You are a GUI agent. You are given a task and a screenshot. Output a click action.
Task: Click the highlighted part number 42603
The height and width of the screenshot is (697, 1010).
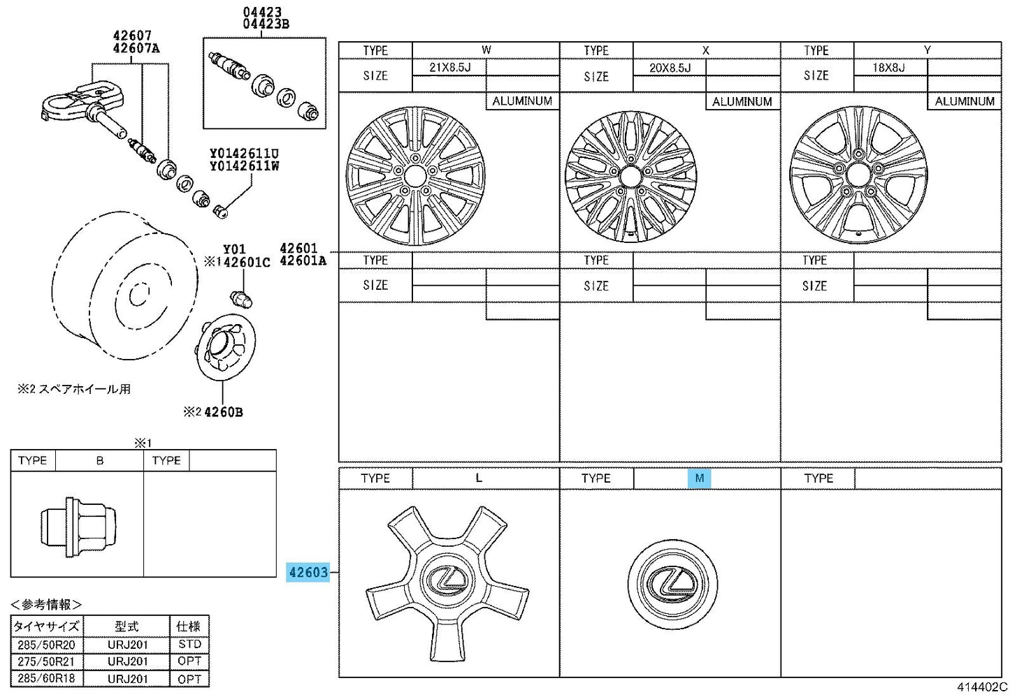click(308, 572)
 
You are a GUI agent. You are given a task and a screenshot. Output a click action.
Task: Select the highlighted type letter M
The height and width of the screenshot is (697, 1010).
click(700, 478)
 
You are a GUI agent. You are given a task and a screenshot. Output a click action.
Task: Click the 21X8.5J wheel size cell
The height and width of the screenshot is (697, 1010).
click(449, 68)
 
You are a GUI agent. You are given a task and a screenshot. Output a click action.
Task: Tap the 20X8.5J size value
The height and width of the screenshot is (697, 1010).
click(670, 68)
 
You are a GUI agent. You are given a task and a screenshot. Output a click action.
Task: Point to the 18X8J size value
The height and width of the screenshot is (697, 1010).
click(888, 68)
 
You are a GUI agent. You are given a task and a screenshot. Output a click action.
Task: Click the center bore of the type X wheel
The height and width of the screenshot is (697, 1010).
click(630, 177)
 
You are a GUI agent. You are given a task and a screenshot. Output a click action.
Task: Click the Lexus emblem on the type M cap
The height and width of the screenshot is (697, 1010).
click(672, 584)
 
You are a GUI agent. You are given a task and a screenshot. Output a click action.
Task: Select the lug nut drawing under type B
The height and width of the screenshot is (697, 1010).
click(78, 527)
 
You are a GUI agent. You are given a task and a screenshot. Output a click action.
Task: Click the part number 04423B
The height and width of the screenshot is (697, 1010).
click(266, 24)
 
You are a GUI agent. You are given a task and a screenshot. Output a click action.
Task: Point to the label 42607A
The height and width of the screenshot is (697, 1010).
click(136, 47)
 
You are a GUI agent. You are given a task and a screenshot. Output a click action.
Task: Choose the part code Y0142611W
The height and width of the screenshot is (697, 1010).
click(245, 166)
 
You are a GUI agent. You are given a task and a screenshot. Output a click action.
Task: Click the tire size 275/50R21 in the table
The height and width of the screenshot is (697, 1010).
click(46, 661)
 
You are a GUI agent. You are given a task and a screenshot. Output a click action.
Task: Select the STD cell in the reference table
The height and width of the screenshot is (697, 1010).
click(189, 645)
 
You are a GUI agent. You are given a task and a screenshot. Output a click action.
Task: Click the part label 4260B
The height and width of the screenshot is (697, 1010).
click(223, 412)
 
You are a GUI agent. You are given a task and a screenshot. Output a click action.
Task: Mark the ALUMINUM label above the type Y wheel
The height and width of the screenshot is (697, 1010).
click(965, 101)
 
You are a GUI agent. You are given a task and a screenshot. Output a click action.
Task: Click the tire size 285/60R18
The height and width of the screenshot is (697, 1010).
click(46, 678)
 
